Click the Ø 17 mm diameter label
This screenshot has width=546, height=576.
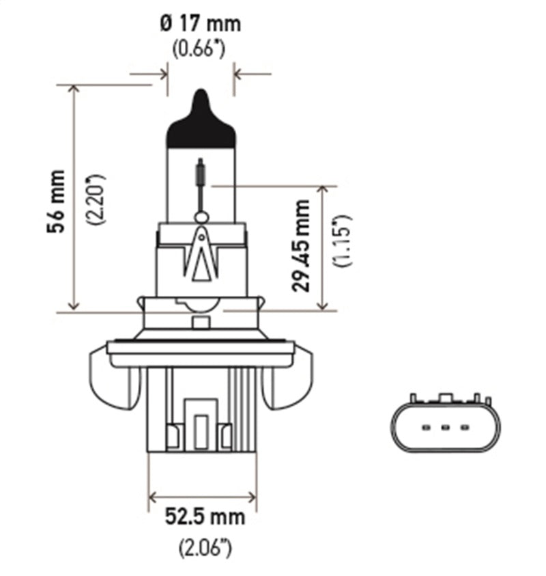(x=200, y=23)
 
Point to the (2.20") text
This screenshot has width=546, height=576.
(x=96, y=198)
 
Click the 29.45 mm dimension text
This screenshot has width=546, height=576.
(x=301, y=245)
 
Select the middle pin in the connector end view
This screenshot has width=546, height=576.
(x=444, y=428)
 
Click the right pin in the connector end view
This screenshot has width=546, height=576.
(x=464, y=428)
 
